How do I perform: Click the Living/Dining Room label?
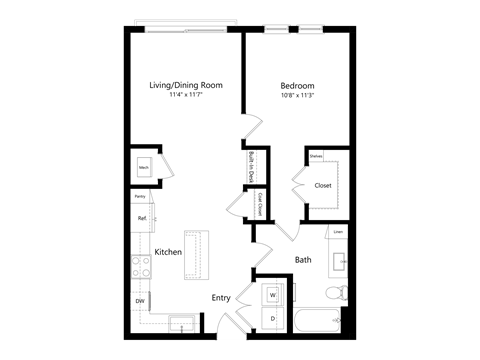(185, 86)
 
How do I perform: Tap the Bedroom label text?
(297, 86)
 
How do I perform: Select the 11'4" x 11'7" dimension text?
(185, 96)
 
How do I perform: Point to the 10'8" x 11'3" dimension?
(297, 96)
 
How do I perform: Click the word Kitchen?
(168, 252)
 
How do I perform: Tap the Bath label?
(303, 260)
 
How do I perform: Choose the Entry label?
(222, 298)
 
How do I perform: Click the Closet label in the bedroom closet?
(323, 185)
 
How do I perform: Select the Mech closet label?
(143, 168)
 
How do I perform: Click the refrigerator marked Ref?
(142, 218)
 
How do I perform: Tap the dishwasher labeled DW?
(139, 300)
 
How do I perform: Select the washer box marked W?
(273, 296)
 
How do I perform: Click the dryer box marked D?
(273, 319)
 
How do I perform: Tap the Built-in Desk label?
(250, 165)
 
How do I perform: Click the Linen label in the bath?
(339, 233)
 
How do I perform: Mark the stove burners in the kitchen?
(139, 265)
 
